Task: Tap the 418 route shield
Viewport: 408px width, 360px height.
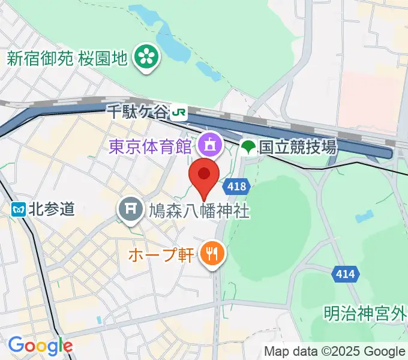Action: pos(237,187)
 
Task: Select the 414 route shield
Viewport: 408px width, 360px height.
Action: pos(345,275)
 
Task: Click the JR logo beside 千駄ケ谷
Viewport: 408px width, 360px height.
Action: pos(178,112)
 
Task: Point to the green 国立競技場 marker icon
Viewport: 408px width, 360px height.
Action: pos(248,146)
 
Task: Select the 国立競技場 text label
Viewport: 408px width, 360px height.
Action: pos(298,146)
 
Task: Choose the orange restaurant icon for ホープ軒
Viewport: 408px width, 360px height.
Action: pos(211,254)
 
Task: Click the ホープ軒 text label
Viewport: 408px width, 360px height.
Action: pos(161,255)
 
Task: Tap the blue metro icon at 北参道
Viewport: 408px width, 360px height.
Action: pos(17,209)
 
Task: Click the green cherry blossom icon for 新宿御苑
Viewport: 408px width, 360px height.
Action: pos(145,58)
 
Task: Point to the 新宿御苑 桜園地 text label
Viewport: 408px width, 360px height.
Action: pos(67,58)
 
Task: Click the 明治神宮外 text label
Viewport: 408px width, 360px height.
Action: pos(365,313)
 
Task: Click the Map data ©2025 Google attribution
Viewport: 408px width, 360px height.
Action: pos(335,351)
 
